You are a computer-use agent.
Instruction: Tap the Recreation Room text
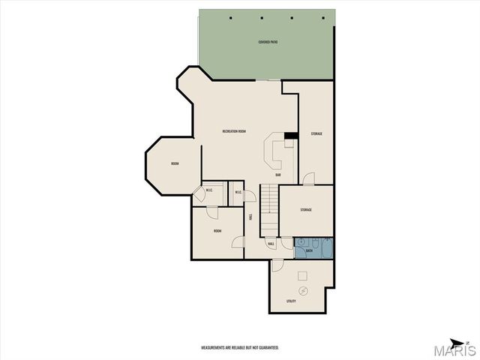pos(235,131)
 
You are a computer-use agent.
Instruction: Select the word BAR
pos(277,175)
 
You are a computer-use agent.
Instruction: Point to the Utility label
pos(291,301)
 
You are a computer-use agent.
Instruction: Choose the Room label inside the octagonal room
pos(175,163)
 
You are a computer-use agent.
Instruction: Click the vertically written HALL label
pos(250,216)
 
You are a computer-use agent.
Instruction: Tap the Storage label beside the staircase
pos(306,210)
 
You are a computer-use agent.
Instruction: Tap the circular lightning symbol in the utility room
pos(304,290)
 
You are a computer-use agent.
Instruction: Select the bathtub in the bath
pos(324,247)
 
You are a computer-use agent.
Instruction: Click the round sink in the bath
pos(299,243)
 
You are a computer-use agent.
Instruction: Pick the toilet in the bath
pos(312,242)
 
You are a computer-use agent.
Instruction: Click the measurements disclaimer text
pos(240,348)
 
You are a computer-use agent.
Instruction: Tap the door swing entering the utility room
pos(277,265)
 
